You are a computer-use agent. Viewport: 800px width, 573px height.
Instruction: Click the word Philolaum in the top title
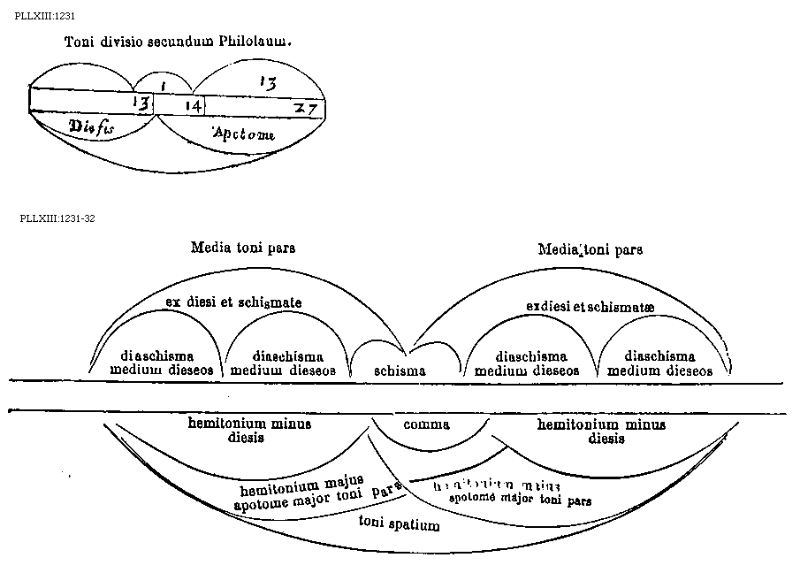(x=261, y=42)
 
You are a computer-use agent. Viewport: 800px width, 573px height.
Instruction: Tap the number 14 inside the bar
(x=194, y=105)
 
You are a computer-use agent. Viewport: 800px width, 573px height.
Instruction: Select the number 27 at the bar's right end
(x=308, y=108)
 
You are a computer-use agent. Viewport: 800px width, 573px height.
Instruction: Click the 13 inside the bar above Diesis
(x=141, y=103)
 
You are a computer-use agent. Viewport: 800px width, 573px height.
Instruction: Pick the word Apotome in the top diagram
(x=243, y=134)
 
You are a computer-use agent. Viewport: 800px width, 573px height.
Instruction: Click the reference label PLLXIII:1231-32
(x=57, y=218)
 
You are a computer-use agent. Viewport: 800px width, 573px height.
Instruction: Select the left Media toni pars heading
(x=243, y=248)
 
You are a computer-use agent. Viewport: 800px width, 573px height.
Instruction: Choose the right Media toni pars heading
(x=590, y=249)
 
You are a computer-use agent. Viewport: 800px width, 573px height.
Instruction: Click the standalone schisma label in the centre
(x=400, y=371)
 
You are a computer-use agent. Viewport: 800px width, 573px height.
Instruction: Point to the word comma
(x=426, y=424)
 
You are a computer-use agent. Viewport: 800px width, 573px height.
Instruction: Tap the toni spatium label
(x=399, y=524)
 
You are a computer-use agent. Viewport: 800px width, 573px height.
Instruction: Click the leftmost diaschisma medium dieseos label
(x=162, y=363)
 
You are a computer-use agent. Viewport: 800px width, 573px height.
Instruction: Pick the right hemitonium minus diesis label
(x=601, y=431)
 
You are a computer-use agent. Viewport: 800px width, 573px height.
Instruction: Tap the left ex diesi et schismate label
(x=234, y=302)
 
